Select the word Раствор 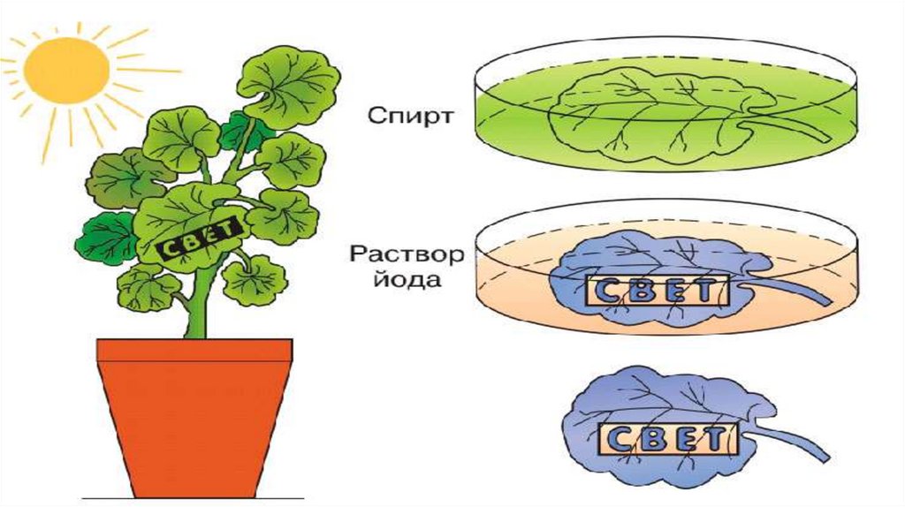(407, 255)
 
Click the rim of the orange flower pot (194, 350)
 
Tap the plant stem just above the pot (197, 322)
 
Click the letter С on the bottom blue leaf (620, 440)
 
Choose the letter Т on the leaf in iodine (705, 291)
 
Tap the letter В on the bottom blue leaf (651, 440)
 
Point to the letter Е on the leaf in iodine (676, 291)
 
